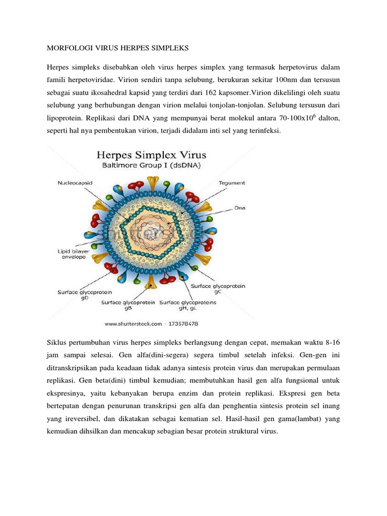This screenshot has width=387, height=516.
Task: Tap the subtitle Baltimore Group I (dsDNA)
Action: coord(151,165)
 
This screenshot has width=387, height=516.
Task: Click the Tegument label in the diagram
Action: coord(232,183)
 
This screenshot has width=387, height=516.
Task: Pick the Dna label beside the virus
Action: coord(240,207)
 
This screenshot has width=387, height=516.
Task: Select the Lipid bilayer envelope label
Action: coord(71,253)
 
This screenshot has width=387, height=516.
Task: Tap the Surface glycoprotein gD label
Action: coord(85,295)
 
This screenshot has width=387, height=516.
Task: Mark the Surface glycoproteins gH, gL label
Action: coord(188,305)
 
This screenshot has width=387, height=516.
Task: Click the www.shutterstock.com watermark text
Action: coord(134,324)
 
